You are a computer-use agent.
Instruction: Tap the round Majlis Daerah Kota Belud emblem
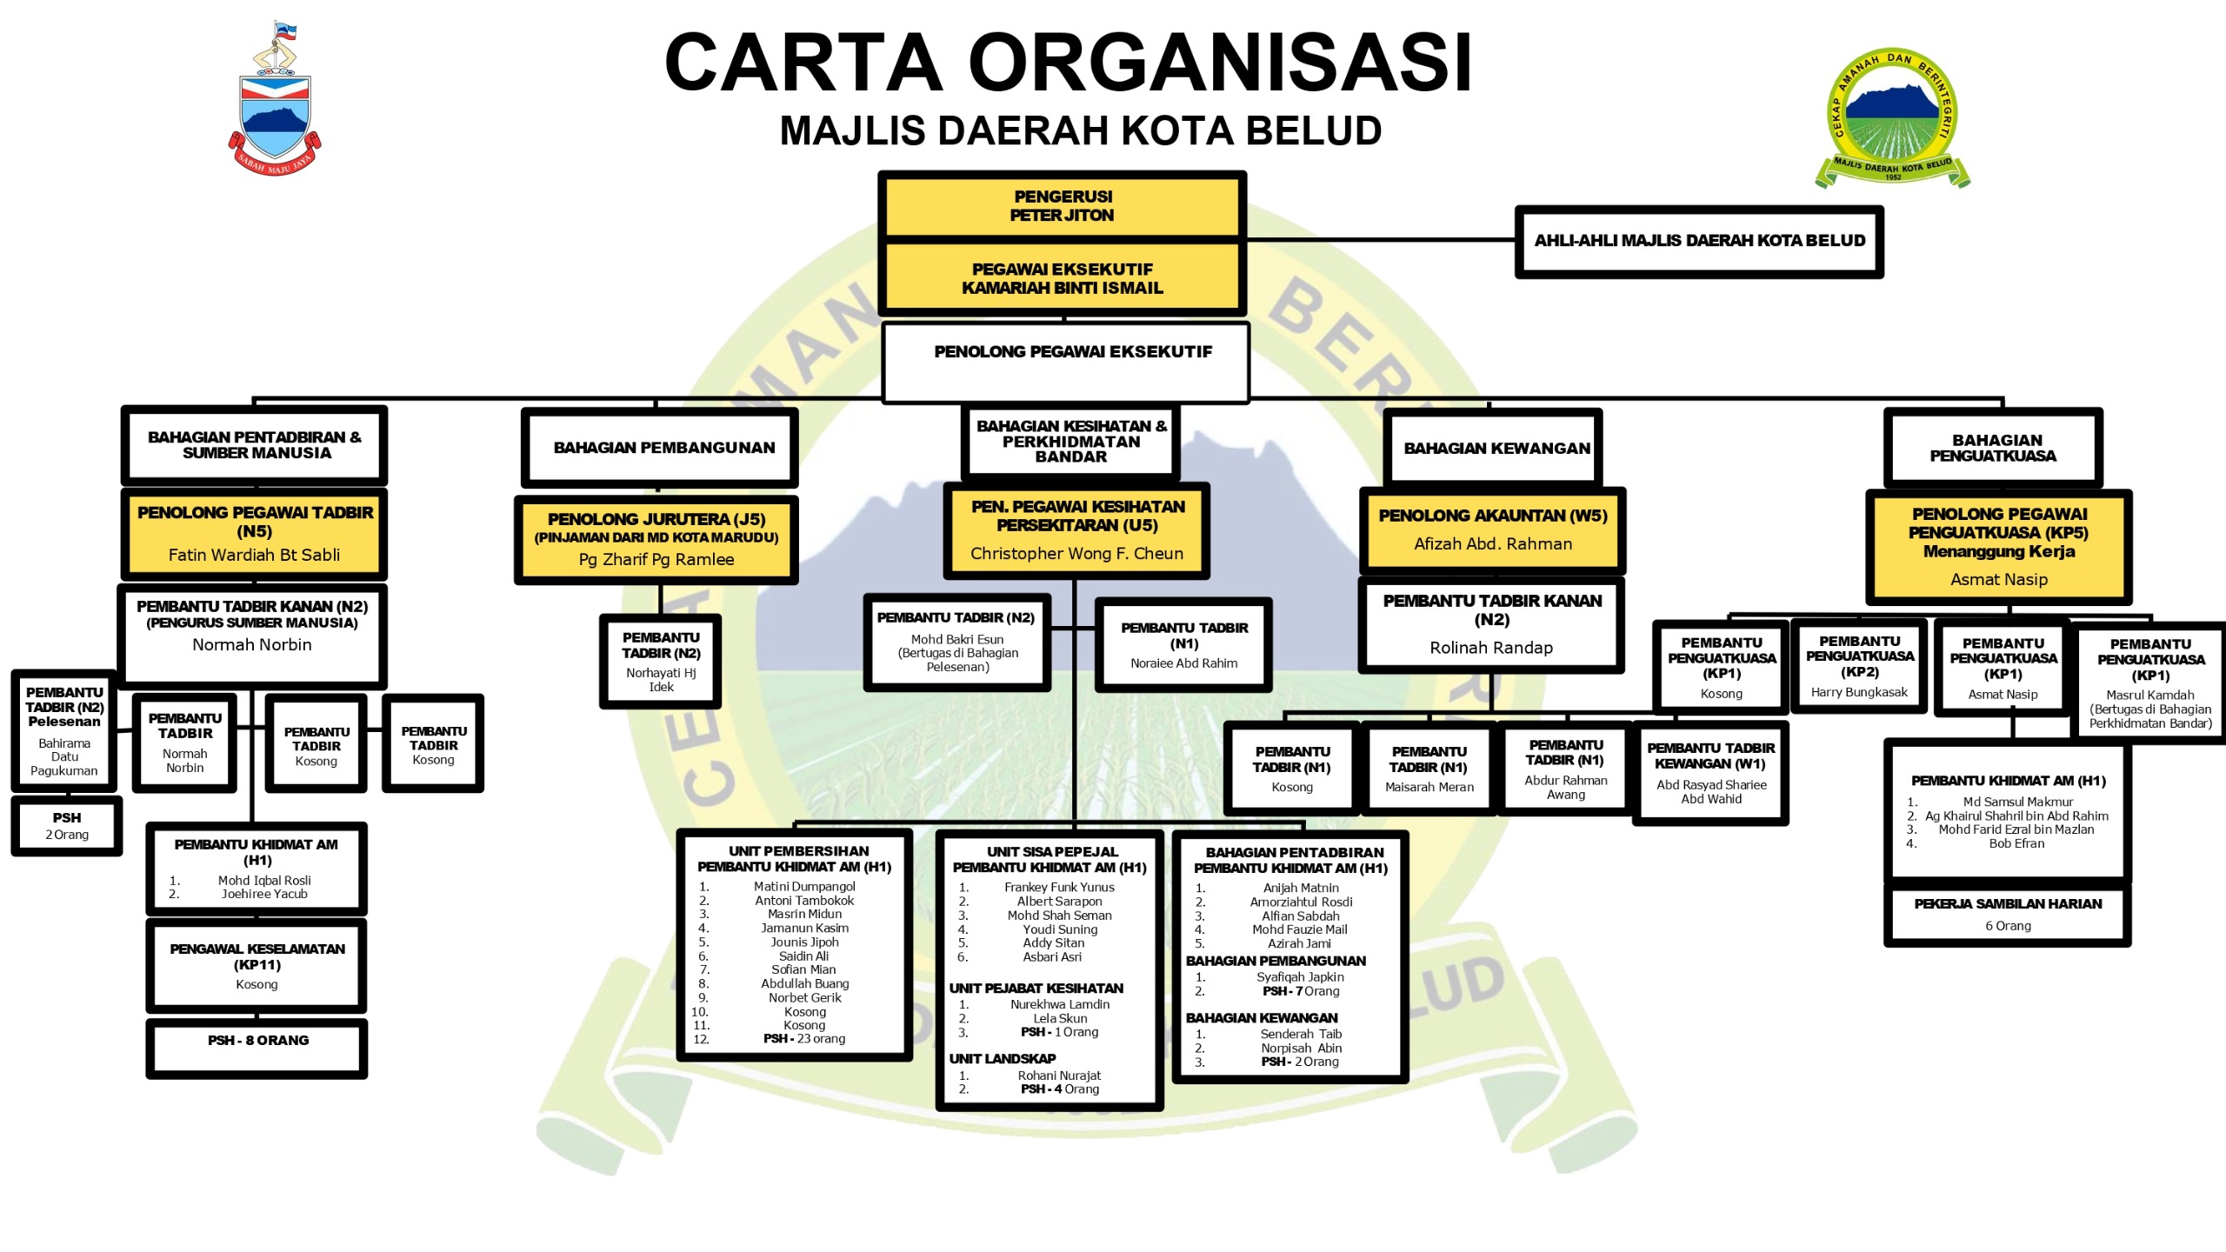pos(1892,117)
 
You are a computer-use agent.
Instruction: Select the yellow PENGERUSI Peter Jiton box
pos(1062,206)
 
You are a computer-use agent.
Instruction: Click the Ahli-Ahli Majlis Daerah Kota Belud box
pos(1699,241)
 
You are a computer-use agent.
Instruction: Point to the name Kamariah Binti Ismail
pos(1062,288)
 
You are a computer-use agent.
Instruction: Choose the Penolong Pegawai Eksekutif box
pos(1065,362)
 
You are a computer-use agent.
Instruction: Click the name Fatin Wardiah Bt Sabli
pos(254,555)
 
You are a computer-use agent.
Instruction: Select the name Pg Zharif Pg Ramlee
pos(656,560)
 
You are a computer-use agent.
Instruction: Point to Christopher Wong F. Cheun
pos(1076,554)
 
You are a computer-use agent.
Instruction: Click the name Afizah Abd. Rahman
pos(1492,544)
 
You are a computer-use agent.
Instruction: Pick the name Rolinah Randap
pos(1490,648)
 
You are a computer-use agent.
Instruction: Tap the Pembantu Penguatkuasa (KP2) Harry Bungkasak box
pos(1859,667)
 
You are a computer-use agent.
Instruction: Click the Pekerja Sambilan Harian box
pos(2007,914)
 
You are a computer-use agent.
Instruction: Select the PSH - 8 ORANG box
pos(257,1047)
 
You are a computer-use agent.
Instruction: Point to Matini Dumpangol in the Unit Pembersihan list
pos(804,887)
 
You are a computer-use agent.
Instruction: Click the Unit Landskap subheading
pos(1002,1059)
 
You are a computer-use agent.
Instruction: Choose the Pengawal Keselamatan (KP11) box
pos(257,965)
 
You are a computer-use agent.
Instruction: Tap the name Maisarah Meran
pos(1429,788)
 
